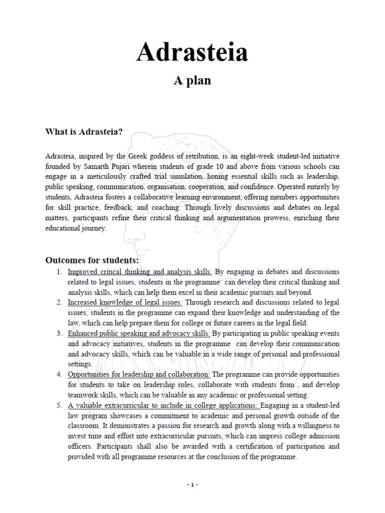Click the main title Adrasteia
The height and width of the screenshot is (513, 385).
(x=192, y=53)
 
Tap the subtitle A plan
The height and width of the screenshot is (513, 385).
(x=192, y=81)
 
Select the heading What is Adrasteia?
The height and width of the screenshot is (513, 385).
(x=84, y=132)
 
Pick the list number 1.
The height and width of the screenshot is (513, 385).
(x=59, y=272)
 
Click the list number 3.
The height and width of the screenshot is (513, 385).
(x=59, y=333)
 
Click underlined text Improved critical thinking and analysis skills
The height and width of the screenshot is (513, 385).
(x=140, y=272)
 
